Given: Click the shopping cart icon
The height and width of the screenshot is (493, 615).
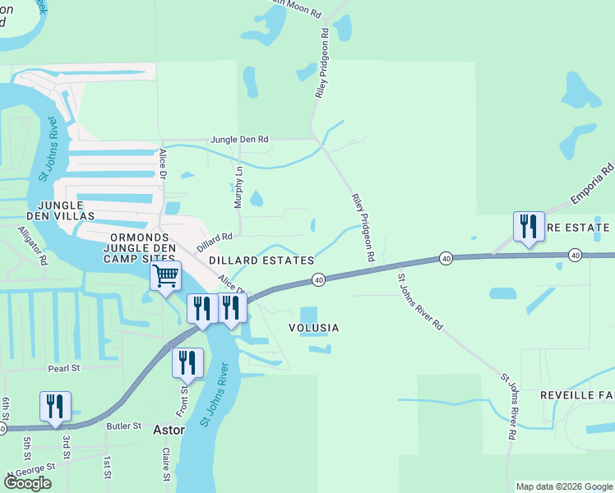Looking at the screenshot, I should click(165, 276).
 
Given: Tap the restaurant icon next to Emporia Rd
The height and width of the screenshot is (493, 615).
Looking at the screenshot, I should click(527, 227).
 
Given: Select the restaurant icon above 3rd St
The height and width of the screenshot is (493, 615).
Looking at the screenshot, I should click(55, 407).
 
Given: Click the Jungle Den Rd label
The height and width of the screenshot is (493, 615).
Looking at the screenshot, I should click(239, 140).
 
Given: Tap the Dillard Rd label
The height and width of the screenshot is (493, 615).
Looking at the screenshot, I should click(215, 240).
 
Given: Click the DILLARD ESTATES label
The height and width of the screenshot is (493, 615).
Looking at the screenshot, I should click(261, 260).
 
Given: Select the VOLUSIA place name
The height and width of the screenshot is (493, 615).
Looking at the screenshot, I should click(312, 328).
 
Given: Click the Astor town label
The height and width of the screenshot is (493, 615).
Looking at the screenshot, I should click(170, 429).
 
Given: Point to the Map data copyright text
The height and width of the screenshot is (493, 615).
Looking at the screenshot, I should click(563, 486).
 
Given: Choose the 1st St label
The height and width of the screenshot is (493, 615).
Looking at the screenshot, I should click(106, 467).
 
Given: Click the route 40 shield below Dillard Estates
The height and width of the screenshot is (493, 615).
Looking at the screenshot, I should click(318, 280).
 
